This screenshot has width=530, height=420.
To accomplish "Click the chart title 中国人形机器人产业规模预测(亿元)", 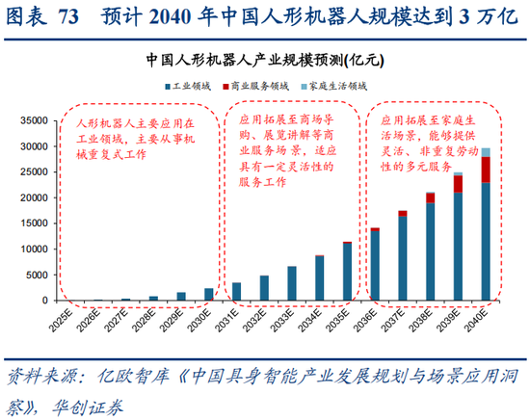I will pyautogui.click(x=265, y=59).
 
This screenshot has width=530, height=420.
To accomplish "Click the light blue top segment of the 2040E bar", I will pyautogui.click(x=486, y=152).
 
